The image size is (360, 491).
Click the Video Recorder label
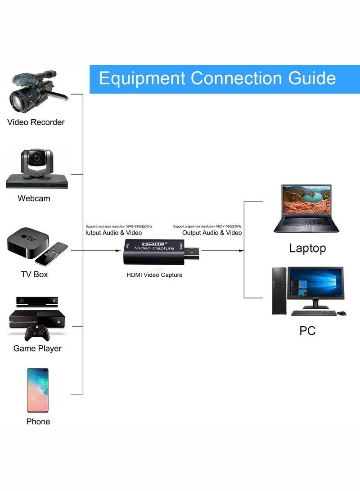point(36,122)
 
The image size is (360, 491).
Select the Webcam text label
point(34,198)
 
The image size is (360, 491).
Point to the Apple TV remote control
point(51,253)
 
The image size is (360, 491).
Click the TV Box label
point(34,274)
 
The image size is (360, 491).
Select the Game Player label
point(37,348)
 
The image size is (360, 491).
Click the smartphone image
point(37,390)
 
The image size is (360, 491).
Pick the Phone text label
point(38,422)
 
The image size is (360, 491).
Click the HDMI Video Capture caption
point(154,275)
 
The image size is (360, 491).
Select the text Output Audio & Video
point(212,233)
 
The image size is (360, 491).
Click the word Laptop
point(307,248)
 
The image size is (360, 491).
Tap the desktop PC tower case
point(279,290)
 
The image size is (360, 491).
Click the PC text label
point(307,331)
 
